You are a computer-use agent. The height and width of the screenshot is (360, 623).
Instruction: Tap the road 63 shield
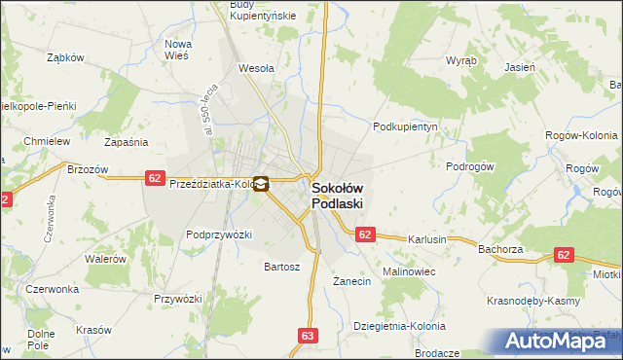pyautogui.click(x=309, y=336)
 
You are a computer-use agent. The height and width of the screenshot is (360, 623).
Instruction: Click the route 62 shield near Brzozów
pyautogui.click(x=155, y=177)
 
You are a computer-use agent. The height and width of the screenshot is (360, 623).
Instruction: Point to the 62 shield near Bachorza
pyautogui.click(x=564, y=254)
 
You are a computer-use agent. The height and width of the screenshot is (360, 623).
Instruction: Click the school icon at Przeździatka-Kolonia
pyautogui.click(x=260, y=182)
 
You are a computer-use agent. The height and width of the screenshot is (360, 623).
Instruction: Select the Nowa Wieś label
pyautogui.click(x=177, y=51)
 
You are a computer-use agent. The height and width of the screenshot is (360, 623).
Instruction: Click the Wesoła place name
pyautogui.click(x=257, y=69)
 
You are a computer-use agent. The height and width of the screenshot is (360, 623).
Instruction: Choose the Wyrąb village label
pyautogui.click(x=460, y=60)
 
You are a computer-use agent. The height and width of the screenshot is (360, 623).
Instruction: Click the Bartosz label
pyautogui.click(x=282, y=266)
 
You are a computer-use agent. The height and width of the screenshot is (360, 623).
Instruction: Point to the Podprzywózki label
pyautogui.click(x=219, y=234)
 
